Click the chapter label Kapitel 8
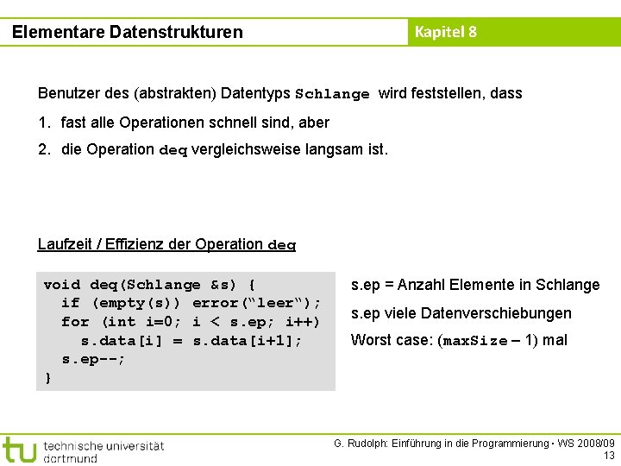pyautogui.click(x=445, y=32)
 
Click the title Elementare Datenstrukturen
pyautogui.click(x=128, y=32)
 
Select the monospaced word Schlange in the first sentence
pyautogui.click(x=332, y=94)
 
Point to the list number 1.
pyautogui.click(x=43, y=123)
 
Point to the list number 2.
pyautogui.click(x=43, y=149)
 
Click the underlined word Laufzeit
pyautogui.click(x=66, y=243)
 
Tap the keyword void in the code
pyautogui.click(x=61, y=284)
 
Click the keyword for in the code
pyautogui.click(x=75, y=322)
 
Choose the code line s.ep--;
pyautogui.click(x=94, y=359)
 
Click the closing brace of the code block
pyautogui.click(x=48, y=377)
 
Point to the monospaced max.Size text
pyautogui.click(x=474, y=341)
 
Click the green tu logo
pyautogui.click(x=19, y=449)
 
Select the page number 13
pyautogui.click(x=609, y=456)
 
